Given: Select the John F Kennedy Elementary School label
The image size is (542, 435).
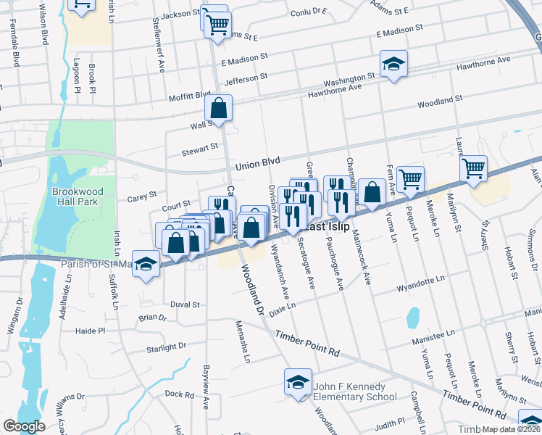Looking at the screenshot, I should click(355, 391).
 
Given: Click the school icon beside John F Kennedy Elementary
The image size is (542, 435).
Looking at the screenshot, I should click(298, 382).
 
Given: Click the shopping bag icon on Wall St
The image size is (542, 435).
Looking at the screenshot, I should click(218, 109).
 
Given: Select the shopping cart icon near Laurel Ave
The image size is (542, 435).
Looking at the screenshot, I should click(473, 168).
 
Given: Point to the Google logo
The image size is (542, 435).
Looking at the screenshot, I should click(25, 426).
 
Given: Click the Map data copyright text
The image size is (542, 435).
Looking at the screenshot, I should click(511, 429).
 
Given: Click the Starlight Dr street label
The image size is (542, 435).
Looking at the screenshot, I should click(165, 347).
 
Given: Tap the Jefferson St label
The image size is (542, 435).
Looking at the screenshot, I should click(246, 78).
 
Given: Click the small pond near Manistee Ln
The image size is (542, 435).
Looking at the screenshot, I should click(413, 317).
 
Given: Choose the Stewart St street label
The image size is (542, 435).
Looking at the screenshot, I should click(201, 147).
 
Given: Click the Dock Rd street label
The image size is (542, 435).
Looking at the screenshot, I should click(178, 394).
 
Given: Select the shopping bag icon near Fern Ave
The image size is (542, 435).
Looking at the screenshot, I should click(372, 193).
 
